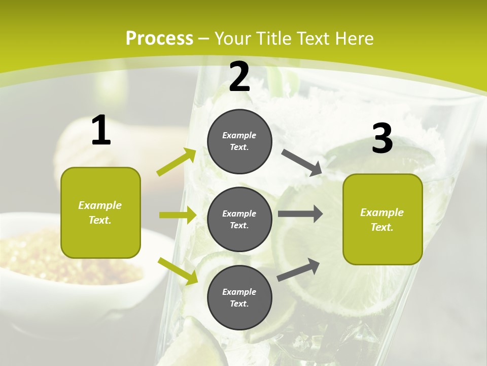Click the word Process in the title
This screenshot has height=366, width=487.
pyautogui.click(x=159, y=39)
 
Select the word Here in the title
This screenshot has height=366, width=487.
pyautogui.click(x=353, y=39)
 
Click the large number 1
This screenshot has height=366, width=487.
pyautogui.click(x=101, y=131)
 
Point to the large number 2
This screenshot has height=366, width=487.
pyautogui.click(x=239, y=77)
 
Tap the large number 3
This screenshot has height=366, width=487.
pyautogui.click(x=382, y=139)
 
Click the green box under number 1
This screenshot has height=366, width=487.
pyautogui.click(x=100, y=212)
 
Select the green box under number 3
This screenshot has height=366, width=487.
pyautogui.click(x=382, y=219)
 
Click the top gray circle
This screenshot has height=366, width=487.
pyautogui.click(x=239, y=141)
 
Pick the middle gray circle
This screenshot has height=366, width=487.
pyautogui.click(x=239, y=219)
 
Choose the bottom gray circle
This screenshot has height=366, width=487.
pyautogui.click(x=239, y=297)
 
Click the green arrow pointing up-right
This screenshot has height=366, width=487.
pyautogui.click(x=177, y=162)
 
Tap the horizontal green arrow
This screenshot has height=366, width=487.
pyautogui.click(x=178, y=215)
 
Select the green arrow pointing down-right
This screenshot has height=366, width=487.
pyautogui.click(x=178, y=270)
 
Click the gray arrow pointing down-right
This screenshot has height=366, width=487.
pyautogui.click(x=302, y=162)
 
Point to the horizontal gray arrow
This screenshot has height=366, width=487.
pyautogui.click(x=300, y=213)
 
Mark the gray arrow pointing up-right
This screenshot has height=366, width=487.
pyautogui.click(x=299, y=269)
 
